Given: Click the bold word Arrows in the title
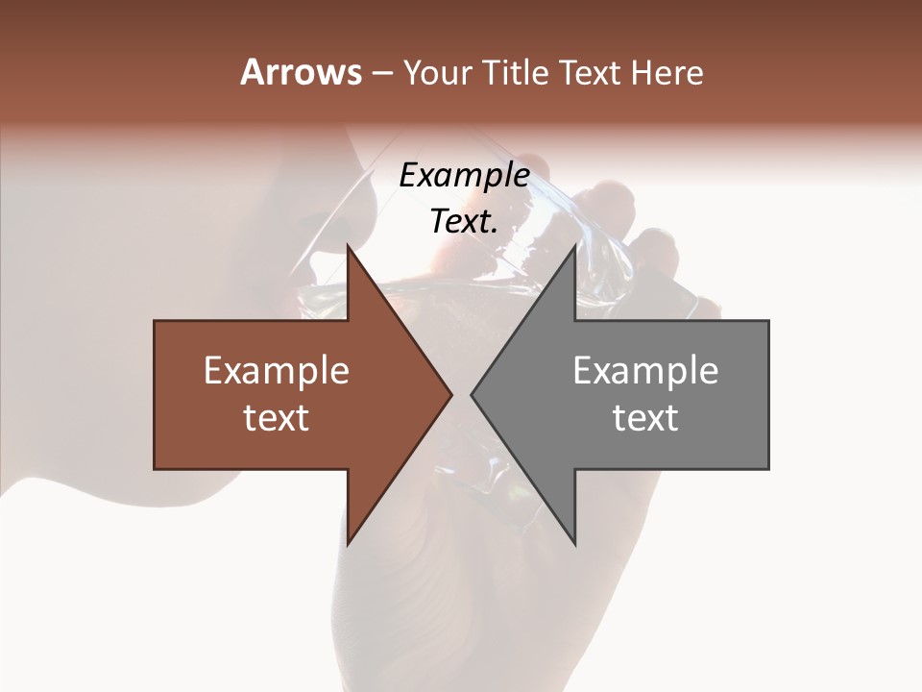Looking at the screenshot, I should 300,72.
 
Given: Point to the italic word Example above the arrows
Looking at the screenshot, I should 464,175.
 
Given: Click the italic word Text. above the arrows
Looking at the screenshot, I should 464,221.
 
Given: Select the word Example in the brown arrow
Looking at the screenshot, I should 277,370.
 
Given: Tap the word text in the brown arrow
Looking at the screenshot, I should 277,417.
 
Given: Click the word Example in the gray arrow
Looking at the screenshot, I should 645,370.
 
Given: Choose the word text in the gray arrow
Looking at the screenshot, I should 645,417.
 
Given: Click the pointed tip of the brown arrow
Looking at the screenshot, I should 451,394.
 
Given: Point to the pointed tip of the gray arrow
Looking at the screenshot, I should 472,394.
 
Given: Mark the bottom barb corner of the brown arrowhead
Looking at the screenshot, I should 348,544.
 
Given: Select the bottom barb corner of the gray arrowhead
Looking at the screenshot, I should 575,544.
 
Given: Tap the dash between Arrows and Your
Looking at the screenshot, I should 380,74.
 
